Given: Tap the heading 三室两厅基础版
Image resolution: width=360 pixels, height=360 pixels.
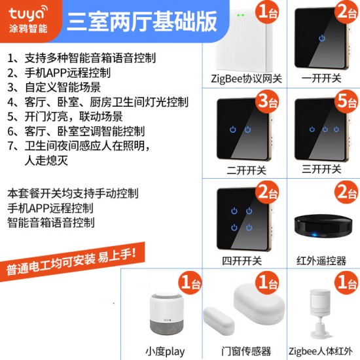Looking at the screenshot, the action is point(142,21).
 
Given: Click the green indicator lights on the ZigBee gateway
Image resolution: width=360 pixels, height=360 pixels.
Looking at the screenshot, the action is point(240,15).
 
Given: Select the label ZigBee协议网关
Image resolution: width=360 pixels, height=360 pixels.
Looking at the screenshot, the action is point(246,79).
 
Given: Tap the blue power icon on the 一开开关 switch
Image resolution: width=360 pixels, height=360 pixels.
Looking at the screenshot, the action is point(322,38).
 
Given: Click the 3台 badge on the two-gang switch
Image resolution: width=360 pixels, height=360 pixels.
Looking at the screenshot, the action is point(267,101).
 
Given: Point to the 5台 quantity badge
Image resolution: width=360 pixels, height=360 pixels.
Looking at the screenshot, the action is point(346,101).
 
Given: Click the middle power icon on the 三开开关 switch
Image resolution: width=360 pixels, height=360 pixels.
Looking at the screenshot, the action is point(325,129).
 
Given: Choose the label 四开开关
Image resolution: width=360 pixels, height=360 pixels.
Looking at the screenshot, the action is point(242,261).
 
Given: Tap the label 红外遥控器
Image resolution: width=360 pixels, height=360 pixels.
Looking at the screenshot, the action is point(321,261).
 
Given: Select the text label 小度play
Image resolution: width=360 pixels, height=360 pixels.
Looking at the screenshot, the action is point(165,351).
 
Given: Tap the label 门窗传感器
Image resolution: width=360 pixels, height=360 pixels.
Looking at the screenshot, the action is point(246,351).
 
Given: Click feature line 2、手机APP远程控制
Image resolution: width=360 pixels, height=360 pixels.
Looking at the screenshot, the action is point(59,73).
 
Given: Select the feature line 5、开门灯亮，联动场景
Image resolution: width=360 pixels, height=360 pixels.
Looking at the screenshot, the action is point(65,117).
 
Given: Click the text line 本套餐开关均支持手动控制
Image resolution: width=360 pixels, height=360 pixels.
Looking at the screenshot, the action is point(73,193).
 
